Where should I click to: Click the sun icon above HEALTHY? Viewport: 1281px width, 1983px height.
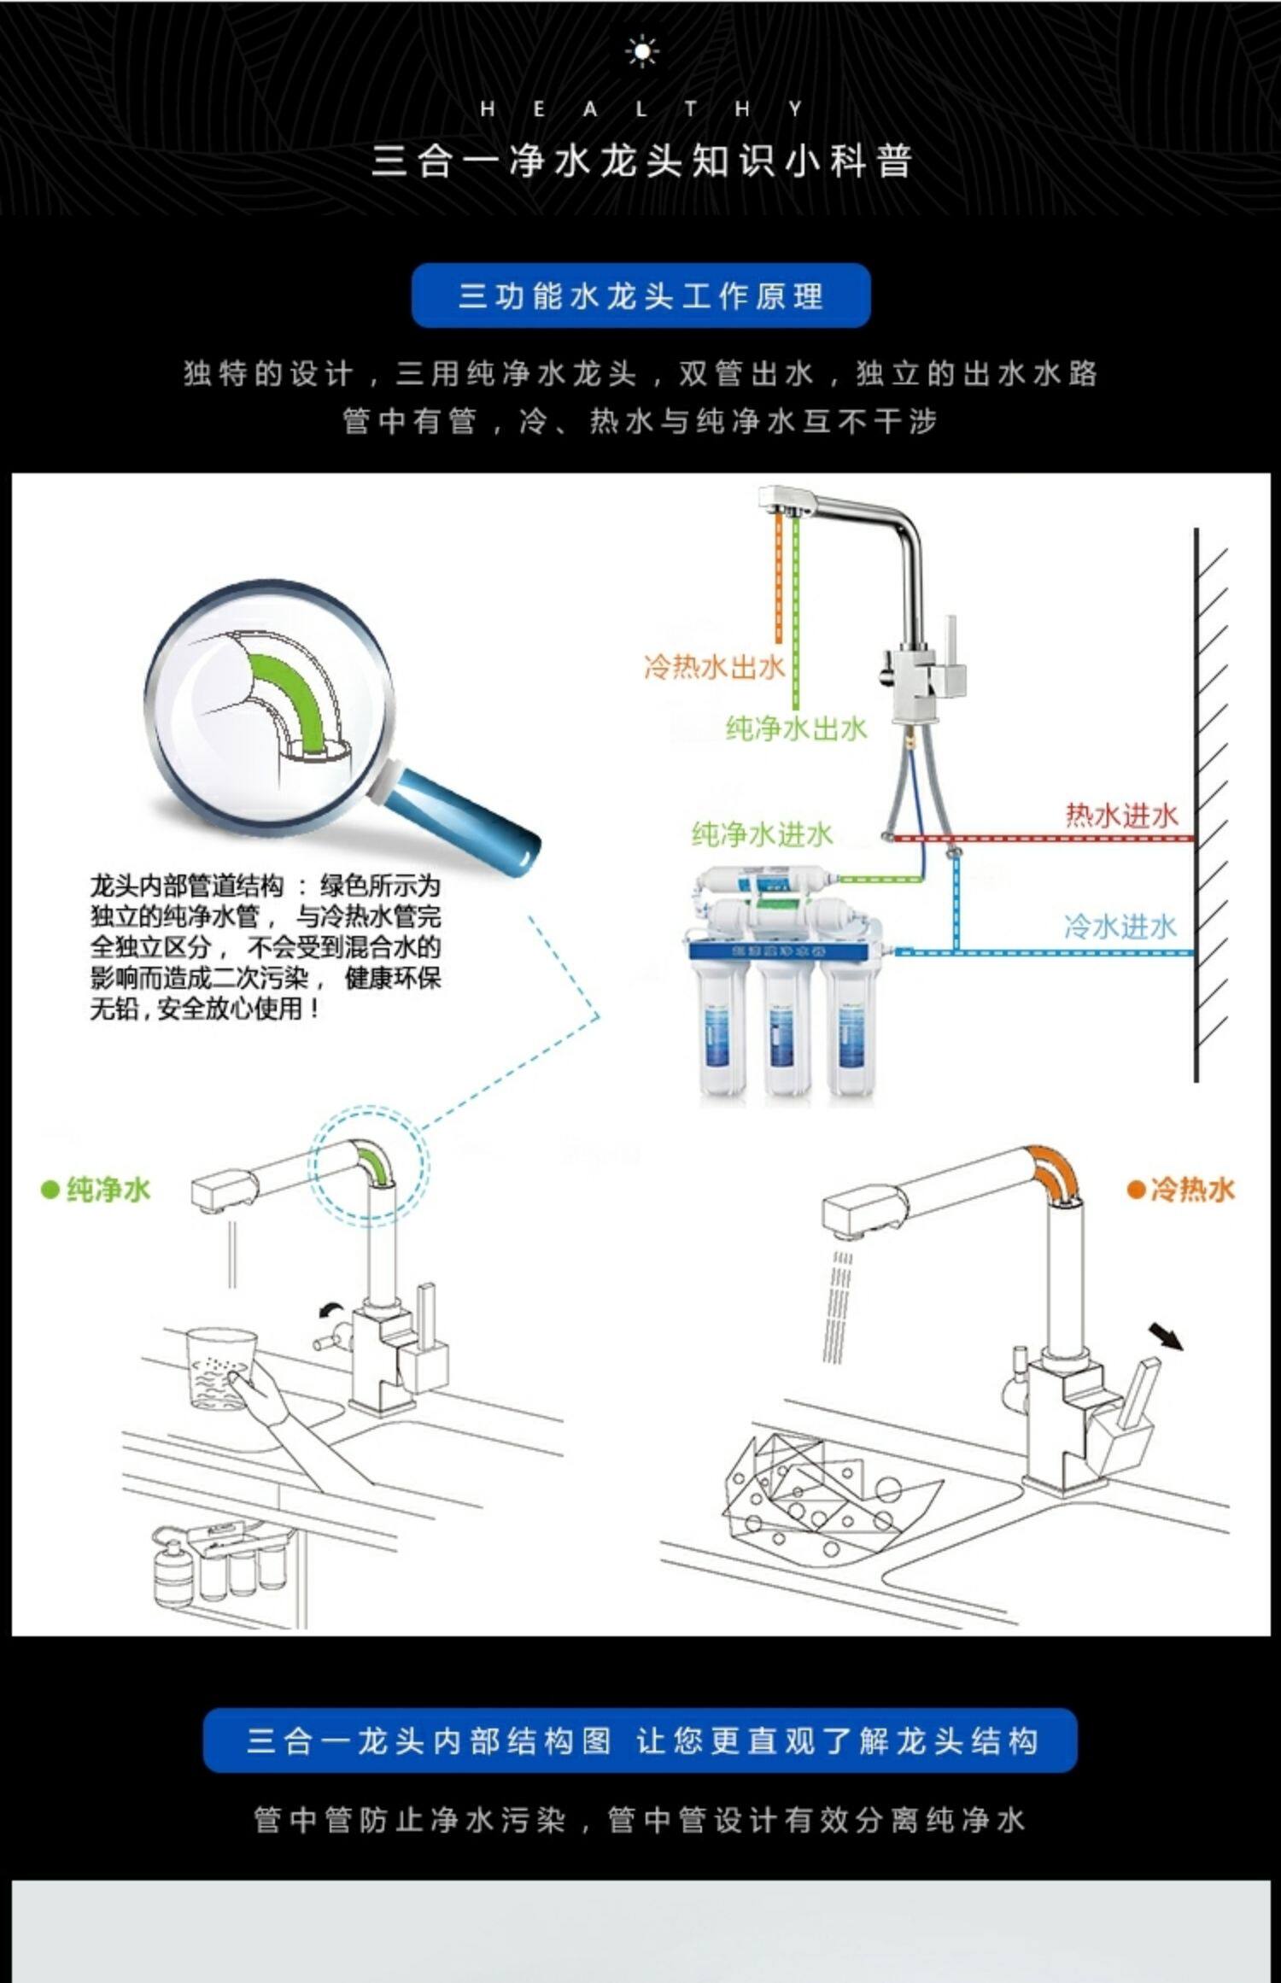[x=641, y=52]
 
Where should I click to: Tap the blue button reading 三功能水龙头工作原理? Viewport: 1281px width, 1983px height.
[x=640, y=295]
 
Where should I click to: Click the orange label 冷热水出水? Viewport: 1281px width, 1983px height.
[x=713, y=666]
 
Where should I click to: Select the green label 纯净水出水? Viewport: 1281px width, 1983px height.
[x=796, y=728]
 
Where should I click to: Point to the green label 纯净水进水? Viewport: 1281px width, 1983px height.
[x=761, y=834]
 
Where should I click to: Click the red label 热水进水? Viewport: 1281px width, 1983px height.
[x=1121, y=816]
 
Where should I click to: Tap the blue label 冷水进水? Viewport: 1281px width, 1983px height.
[x=1120, y=927]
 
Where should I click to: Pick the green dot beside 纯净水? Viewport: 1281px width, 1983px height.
[x=50, y=1190]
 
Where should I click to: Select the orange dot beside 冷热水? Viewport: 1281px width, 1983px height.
[x=1136, y=1190]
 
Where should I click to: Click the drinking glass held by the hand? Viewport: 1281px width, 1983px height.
[x=219, y=1368]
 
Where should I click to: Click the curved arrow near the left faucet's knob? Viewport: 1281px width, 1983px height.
[x=330, y=1311]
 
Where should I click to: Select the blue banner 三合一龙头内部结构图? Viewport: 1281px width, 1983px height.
[x=640, y=1740]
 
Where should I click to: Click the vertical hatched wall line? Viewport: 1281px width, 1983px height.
[x=1196, y=803]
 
